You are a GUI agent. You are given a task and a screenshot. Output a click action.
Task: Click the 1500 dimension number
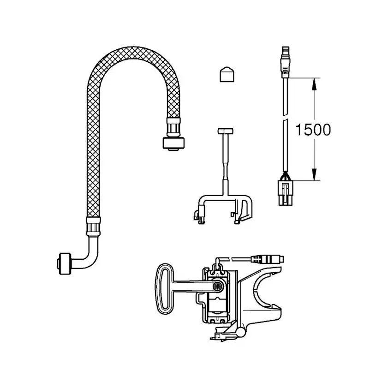[313, 130]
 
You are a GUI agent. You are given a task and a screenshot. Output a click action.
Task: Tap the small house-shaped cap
[227, 74]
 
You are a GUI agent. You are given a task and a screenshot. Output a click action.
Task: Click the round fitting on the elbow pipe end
[64, 264]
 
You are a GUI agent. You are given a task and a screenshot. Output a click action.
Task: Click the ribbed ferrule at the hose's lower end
[93, 227]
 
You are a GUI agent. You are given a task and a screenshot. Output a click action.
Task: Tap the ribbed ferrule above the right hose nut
[173, 127]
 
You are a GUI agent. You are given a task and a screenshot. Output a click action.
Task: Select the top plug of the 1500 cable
[285, 62]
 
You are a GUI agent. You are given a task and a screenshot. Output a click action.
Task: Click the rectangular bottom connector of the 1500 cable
[285, 193]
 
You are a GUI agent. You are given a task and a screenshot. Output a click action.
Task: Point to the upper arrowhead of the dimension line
[314, 84]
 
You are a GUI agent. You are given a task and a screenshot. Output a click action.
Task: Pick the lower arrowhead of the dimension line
[314, 174]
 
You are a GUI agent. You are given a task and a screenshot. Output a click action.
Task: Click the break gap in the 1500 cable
[285, 118]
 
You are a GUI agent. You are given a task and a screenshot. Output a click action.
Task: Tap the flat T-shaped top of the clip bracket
[225, 131]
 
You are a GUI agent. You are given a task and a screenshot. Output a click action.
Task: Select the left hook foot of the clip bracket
[199, 215]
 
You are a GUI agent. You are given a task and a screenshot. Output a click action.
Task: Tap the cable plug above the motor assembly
[267, 259]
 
